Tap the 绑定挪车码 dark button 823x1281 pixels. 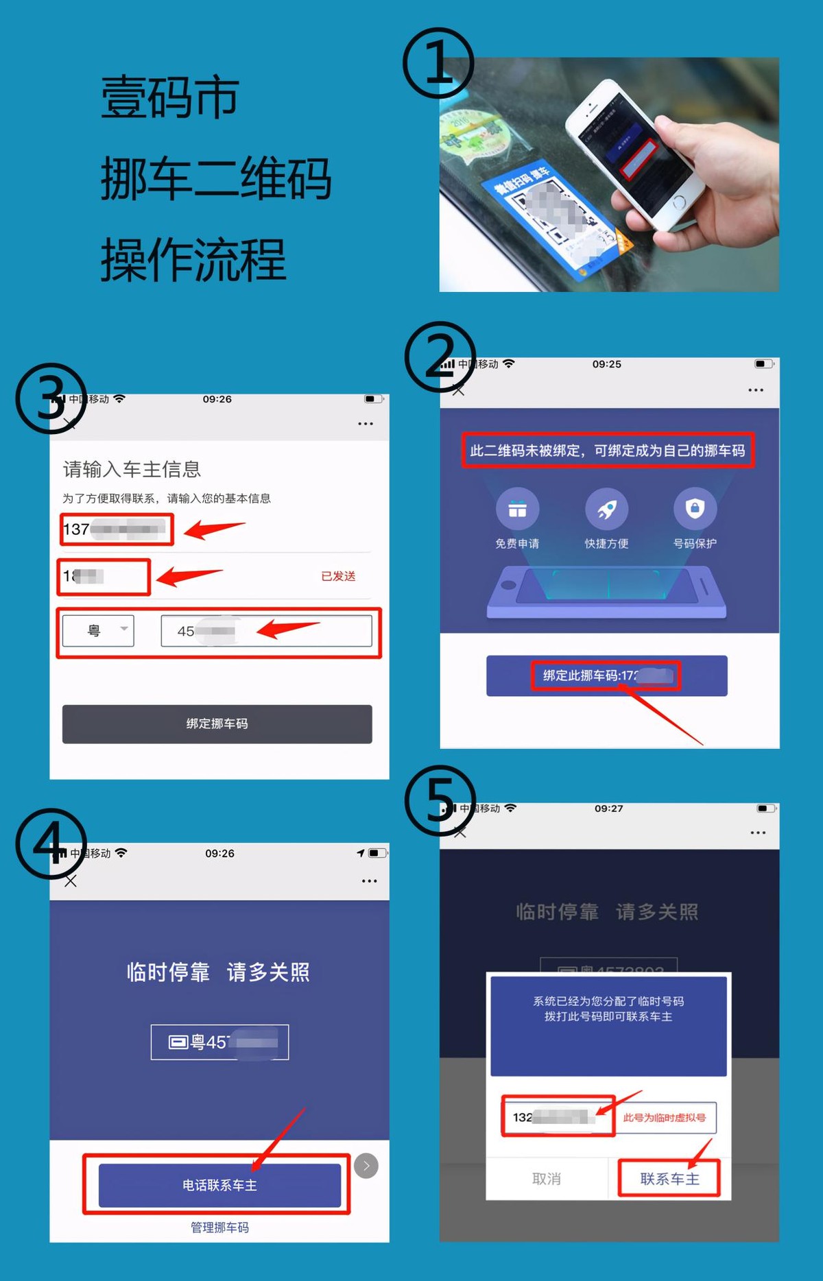[x=217, y=724]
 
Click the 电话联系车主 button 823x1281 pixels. [x=219, y=1185]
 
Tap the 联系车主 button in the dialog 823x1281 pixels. [x=669, y=1179]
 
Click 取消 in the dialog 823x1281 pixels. [x=547, y=1179]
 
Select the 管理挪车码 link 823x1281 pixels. [x=219, y=1228]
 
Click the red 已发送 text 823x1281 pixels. [x=338, y=576]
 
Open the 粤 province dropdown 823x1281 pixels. [x=98, y=630]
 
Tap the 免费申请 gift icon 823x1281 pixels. [x=517, y=509]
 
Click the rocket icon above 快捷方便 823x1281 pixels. [x=606, y=509]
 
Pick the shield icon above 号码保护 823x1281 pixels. [x=695, y=508]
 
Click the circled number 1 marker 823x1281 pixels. [x=438, y=63]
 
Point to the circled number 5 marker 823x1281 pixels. [x=440, y=800]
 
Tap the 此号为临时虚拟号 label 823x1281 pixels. [x=664, y=1118]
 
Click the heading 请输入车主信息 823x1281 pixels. [x=132, y=469]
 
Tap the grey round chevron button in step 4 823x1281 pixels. [x=366, y=1166]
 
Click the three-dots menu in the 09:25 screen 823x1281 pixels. [x=756, y=390]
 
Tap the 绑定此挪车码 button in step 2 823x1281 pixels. [x=606, y=675]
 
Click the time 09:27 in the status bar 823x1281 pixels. [x=608, y=809]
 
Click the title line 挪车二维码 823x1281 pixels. [x=215, y=178]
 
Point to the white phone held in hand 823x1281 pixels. [x=631, y=154]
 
